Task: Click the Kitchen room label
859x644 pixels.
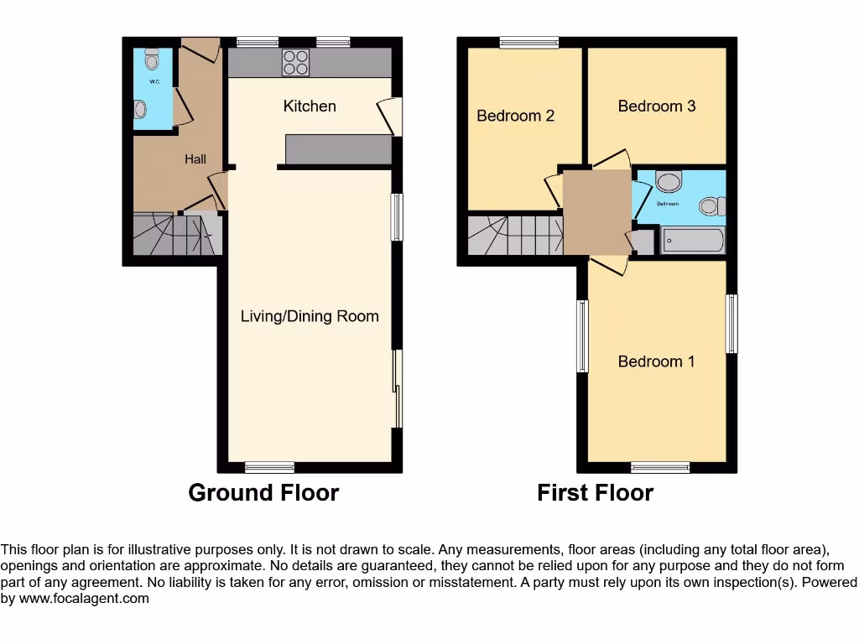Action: click(310, 106)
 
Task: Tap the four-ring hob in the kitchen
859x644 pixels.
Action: click(295, 63)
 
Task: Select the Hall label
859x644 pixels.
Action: click(195, 158)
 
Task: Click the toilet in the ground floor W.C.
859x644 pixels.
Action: click(152, 60)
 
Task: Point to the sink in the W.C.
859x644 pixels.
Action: click(140, 109)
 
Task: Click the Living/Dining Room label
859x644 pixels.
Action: click(310, 316)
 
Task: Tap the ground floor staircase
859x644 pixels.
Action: click(174, 235)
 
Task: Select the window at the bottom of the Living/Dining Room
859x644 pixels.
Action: click(269, 467)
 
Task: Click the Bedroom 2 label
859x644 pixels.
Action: click(515, 116)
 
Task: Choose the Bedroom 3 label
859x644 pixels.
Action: click(656, 106)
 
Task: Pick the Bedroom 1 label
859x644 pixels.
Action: click(656, 361)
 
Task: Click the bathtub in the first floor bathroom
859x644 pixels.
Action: click(693, 241)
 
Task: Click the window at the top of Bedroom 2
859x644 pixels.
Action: click(529, 43)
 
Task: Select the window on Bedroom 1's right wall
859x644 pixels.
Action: click(731, 324)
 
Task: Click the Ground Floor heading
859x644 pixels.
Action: click(263, 492)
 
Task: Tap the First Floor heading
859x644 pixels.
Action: click(595, 492)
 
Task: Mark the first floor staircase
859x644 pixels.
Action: click(513, 235)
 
